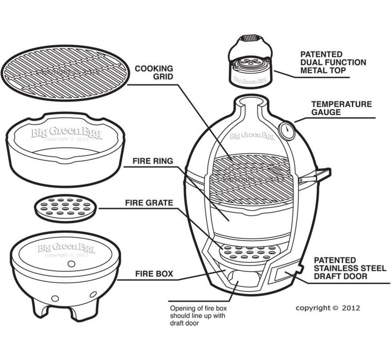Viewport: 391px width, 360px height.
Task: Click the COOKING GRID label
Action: pyautogui.click(x=154, y=72)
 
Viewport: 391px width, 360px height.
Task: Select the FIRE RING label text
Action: pyautogui.click(x=152, y=161)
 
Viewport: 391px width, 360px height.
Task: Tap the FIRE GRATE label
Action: pyautogui.click(x=149, y=203)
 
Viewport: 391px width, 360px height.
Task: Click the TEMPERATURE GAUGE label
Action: pyautogui.click(x=341, y=108)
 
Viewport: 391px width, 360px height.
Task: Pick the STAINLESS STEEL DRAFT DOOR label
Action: pyautogui.click(x=350, y=268)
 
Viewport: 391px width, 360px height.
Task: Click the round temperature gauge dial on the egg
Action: pyautogui.click(x=286, y=131)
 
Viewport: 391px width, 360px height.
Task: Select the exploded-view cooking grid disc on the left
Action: pyautogui.click(x=66, y=72)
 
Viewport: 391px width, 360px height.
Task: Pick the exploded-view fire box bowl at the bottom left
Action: pyautogui.click(x=66, y=272)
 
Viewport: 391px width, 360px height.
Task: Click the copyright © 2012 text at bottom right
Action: pyautogui.click(x=327, y=308)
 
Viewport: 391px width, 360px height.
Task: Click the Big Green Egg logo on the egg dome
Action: pyautogui.click(x=252, y=136)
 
